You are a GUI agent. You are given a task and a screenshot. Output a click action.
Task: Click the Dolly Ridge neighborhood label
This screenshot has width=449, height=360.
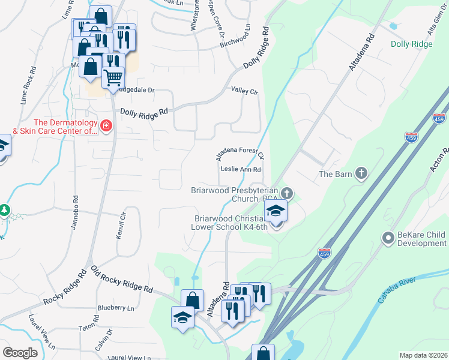pos(411,44)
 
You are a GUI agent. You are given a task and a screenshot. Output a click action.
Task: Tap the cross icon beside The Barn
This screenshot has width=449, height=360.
pos(361,174)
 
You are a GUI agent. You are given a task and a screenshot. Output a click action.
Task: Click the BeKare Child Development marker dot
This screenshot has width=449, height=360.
pos(388,239)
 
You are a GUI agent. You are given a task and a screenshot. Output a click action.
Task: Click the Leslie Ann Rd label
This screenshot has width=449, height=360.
pos(240,170)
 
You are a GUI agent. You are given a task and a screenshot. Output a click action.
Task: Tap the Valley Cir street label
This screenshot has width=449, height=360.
pos(244,91)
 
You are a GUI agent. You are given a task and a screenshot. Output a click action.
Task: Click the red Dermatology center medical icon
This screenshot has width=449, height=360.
pos(106,126)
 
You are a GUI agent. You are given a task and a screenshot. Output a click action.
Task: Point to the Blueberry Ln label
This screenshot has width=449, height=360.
pos(116,308)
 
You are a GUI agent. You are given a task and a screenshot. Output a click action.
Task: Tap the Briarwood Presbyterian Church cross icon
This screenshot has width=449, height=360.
pos(287,193)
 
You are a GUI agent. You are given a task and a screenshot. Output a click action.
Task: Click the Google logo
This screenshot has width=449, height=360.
pos(20,353)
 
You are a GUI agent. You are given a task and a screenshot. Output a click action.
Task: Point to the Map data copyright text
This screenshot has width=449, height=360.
pos(423,355)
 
